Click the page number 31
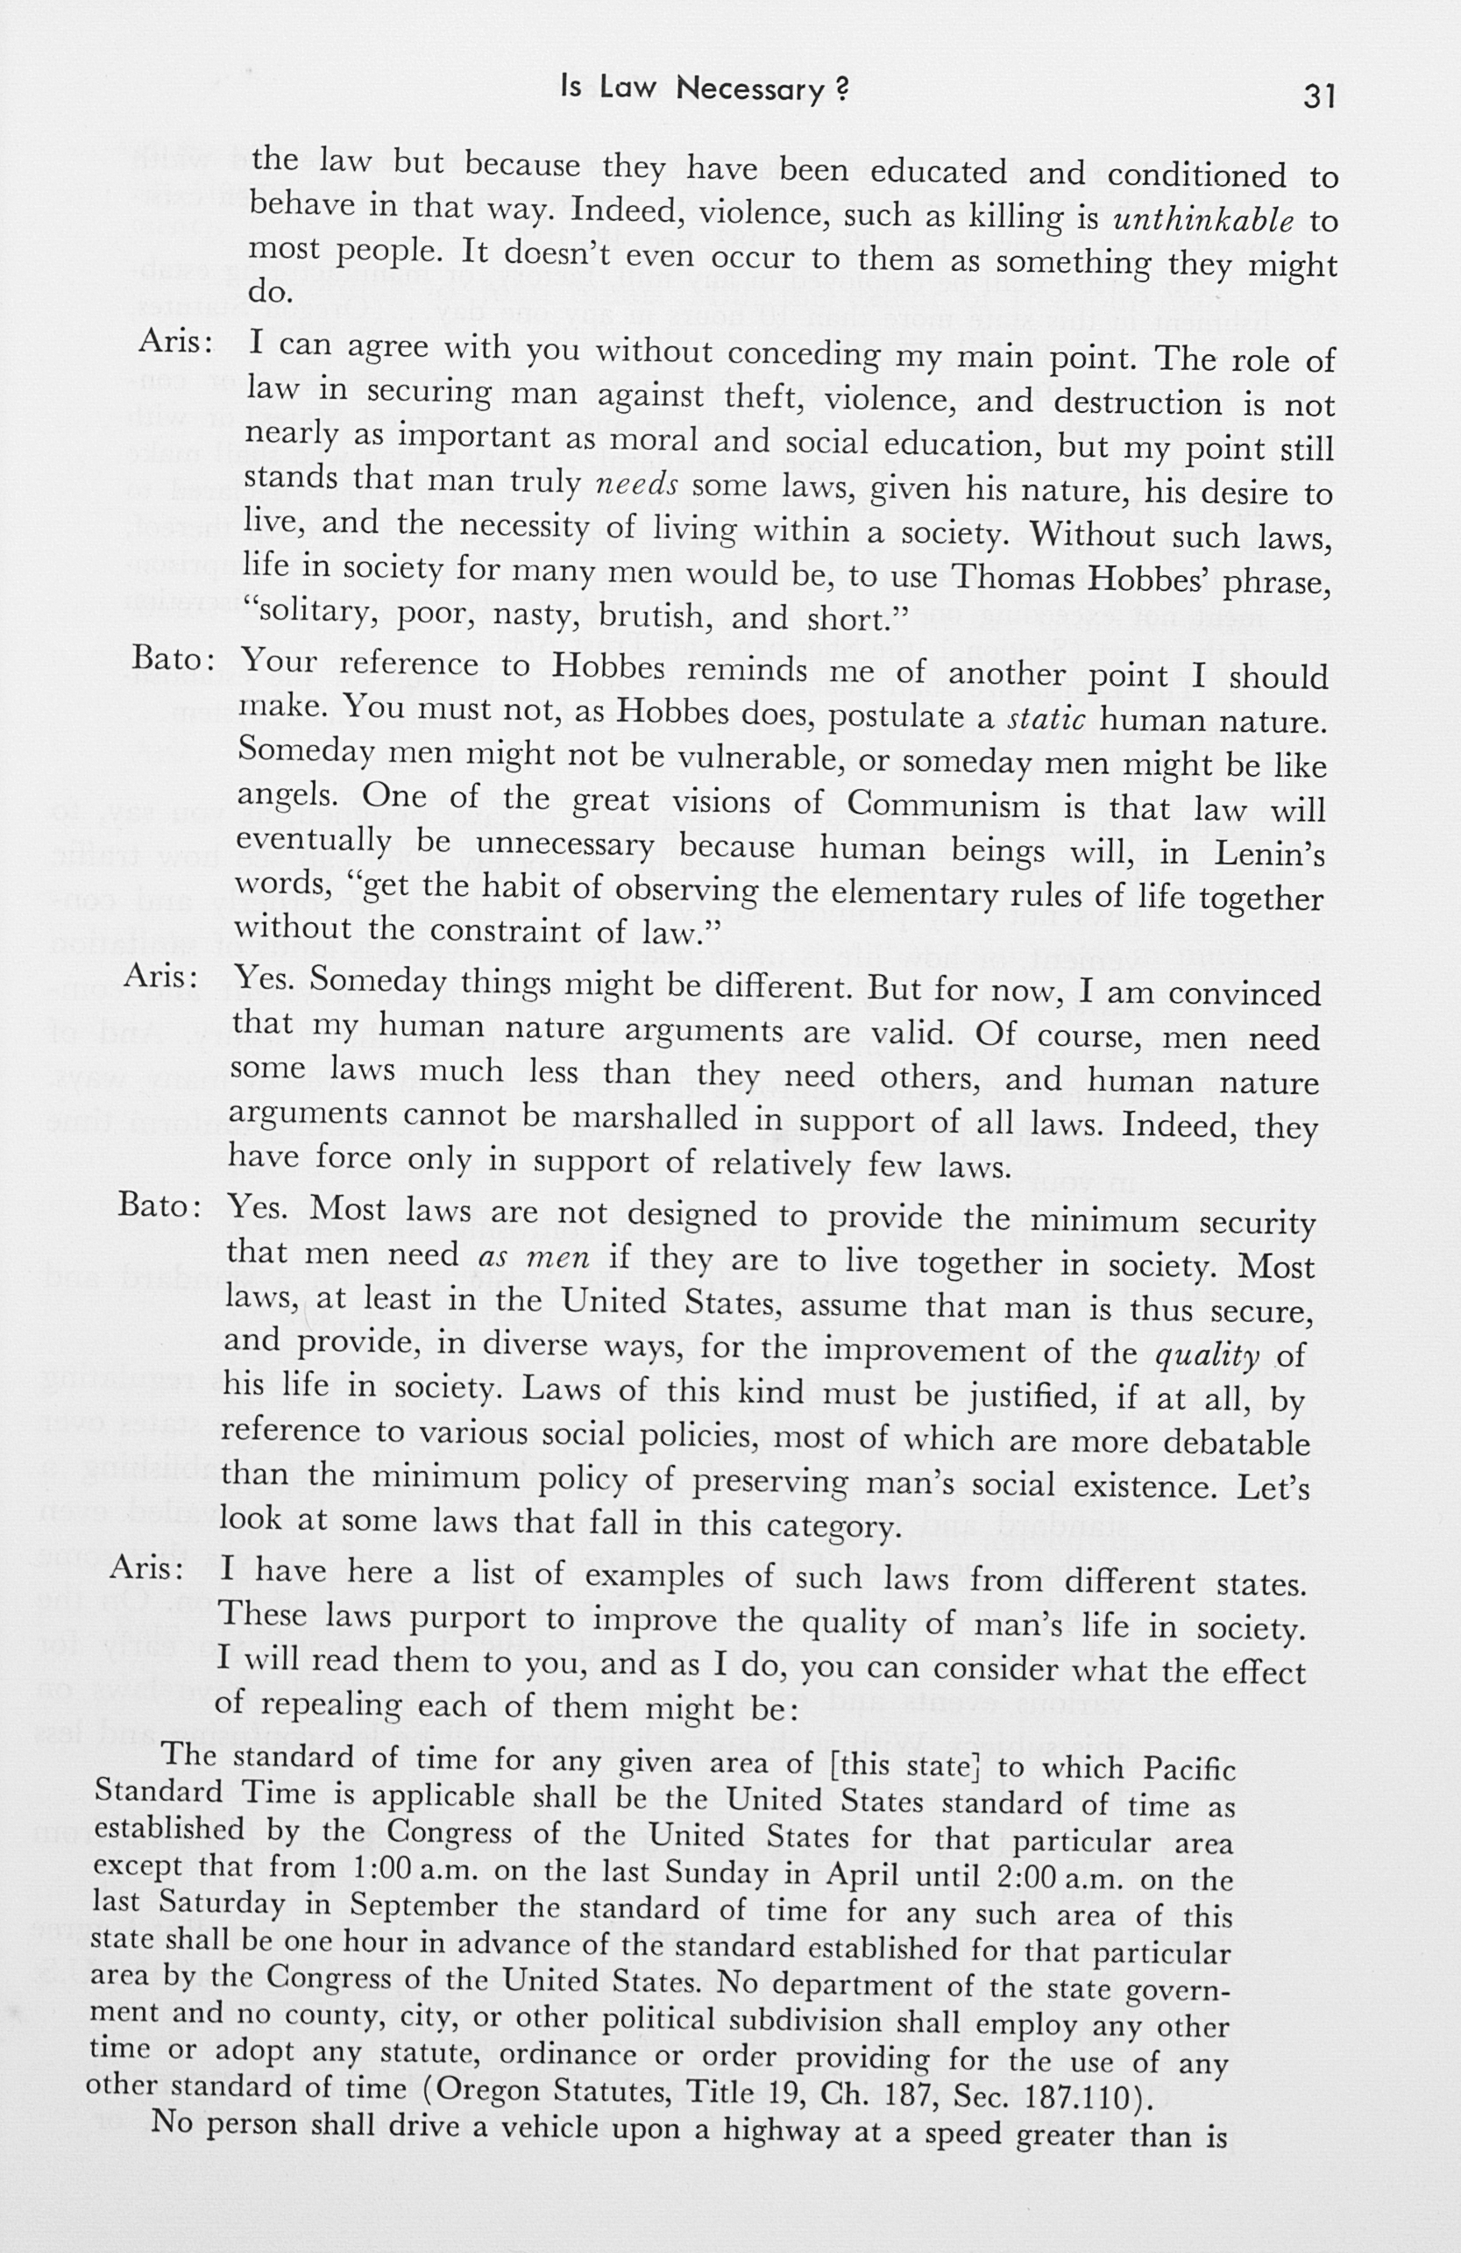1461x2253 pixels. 1318,96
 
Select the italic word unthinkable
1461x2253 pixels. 1203,221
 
